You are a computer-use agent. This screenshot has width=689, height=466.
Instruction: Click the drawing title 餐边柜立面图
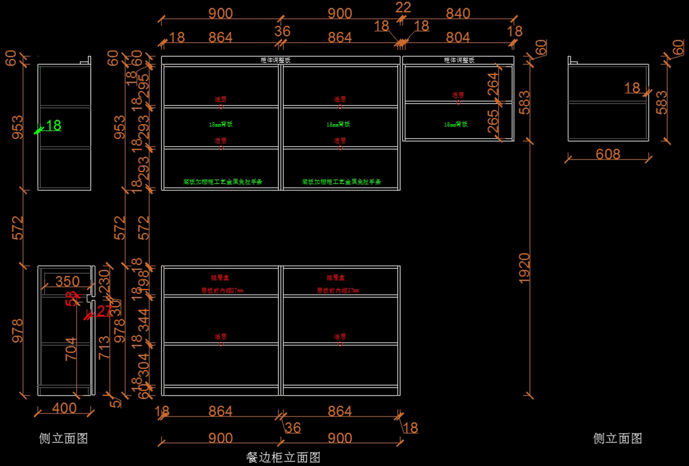tap(283, 457)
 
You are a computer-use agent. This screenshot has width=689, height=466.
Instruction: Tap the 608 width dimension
tap(608, 154)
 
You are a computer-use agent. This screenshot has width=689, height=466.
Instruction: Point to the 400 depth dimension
tap(64, 408)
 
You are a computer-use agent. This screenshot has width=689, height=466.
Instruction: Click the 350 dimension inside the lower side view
tap(67, 281)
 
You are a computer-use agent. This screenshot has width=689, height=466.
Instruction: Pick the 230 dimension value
tap(104, 281)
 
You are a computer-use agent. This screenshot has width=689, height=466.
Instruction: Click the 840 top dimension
tap(458, 13)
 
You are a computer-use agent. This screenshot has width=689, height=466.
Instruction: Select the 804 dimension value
tap(458, 38)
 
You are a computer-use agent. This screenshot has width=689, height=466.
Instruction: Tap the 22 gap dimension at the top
tap(404, 7)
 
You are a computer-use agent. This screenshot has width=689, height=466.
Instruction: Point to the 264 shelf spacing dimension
tap(493, 84)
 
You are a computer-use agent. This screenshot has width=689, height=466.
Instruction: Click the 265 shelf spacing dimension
tap(493, 122)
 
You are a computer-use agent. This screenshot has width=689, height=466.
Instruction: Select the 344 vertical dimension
tap(143, 320)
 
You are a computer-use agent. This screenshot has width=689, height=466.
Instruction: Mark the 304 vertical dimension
tap(143, 364)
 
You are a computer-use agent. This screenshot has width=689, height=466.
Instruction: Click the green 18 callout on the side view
tap(53, 125)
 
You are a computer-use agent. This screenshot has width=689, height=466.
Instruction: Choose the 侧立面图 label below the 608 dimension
tap(617, 438)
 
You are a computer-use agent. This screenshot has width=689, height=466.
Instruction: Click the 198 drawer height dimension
tap(143, 281)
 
